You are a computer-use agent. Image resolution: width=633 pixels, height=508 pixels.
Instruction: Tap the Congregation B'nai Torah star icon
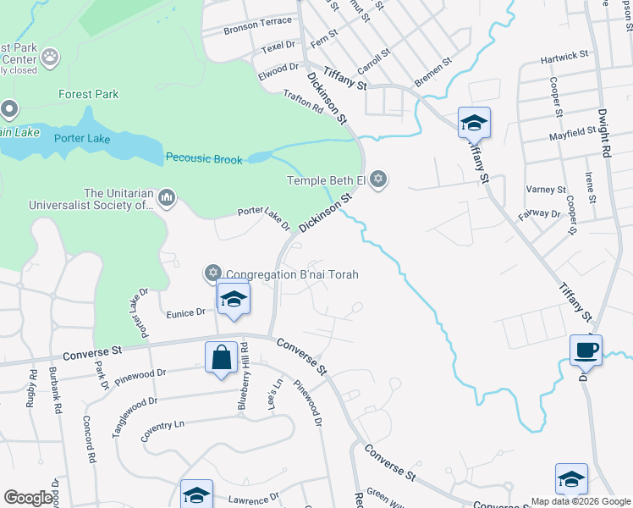coord(212,273)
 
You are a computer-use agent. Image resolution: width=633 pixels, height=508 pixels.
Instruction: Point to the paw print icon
coord(51,57)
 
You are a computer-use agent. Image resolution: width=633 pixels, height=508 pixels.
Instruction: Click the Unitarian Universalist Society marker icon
coord(166,199)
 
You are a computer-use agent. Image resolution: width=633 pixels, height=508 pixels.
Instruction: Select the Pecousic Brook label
coord(204,158)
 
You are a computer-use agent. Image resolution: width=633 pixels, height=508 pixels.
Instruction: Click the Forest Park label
coord(88,95)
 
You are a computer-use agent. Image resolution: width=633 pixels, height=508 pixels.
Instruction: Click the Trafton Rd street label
coord(304,103)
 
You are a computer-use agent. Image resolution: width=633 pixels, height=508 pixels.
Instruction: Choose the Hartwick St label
coord(564,56)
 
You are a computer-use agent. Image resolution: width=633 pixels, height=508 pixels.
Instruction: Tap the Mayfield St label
coord(572,133)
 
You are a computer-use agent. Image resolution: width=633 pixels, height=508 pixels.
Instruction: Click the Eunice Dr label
coord(185,312)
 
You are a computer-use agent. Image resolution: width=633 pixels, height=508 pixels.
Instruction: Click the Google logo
coord(29,498)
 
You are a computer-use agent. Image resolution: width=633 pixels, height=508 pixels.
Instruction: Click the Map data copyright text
coord(581,501)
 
